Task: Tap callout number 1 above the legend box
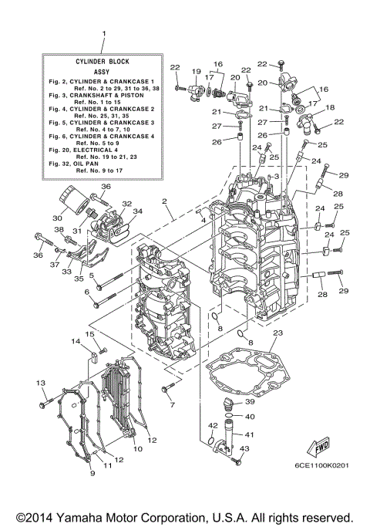103,33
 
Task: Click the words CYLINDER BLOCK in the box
103,59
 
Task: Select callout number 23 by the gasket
277,333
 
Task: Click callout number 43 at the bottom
245,449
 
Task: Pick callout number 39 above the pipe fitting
250,402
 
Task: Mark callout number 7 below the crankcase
173,404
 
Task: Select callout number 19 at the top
196,71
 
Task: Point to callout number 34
137,210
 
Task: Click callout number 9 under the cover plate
92,472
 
